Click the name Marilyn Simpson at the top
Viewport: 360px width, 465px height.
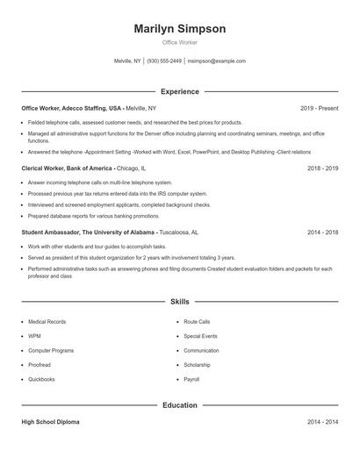180,29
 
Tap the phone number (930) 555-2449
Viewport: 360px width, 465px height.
164,61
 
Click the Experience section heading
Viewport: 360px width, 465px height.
180,91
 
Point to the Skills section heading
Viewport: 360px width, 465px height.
180,302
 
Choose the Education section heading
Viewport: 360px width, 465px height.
180,405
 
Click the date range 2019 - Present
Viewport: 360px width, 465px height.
319,108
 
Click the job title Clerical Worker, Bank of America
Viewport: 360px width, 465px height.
67,167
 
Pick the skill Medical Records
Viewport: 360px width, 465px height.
47,322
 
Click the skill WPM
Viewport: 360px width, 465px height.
34,336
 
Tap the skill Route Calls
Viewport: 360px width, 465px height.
197,322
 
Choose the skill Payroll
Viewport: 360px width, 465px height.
191,379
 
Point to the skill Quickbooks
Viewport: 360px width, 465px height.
41,379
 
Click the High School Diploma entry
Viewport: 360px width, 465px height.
50,422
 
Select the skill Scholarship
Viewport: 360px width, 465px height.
197,364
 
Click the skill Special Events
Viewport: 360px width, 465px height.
200,336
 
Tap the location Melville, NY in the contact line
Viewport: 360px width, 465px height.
127,61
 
